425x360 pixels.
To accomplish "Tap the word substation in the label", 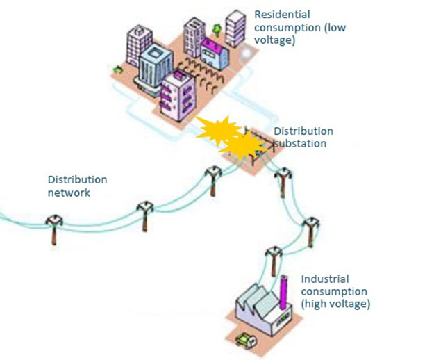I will tap(300, 143).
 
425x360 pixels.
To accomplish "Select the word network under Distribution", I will tap(69, 193).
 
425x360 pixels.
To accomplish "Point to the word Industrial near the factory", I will tap(323, 279).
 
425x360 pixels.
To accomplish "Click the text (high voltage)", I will tap(336, 304).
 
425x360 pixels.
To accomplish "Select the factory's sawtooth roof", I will tap(256, 304).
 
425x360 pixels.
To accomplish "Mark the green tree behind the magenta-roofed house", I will tap(216, 29).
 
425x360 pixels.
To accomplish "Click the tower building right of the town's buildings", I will tap(237, 28).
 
